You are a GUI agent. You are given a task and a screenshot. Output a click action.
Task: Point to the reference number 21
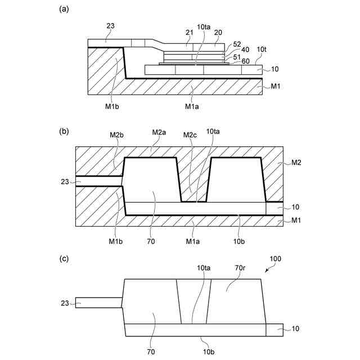pyautogui.click(x=190, y=32)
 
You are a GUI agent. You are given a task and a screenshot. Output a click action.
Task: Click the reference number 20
pyautogui.click(x=218, y=32)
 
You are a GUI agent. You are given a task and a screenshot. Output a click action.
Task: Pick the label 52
pyautogui.click(x=237, y=44)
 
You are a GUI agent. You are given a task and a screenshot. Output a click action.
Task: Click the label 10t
pyautogui.click(x=262, y=49)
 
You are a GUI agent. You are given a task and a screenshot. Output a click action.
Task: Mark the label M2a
pyautogui.click(x=159, y=133)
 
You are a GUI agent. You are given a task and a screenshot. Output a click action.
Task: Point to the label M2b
pyautogui.click(x=116, y=134)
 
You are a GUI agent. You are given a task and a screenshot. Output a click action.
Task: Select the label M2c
pyautogui.click(x=190, y=134)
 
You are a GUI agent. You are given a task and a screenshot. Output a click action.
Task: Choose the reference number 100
pyautogui.click(x=276, y=259)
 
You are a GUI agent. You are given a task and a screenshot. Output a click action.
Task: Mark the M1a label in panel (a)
pyautogui.click(x=193, y=105)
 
